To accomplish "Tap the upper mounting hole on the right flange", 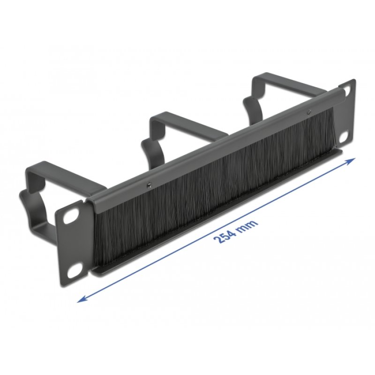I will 347,91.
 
